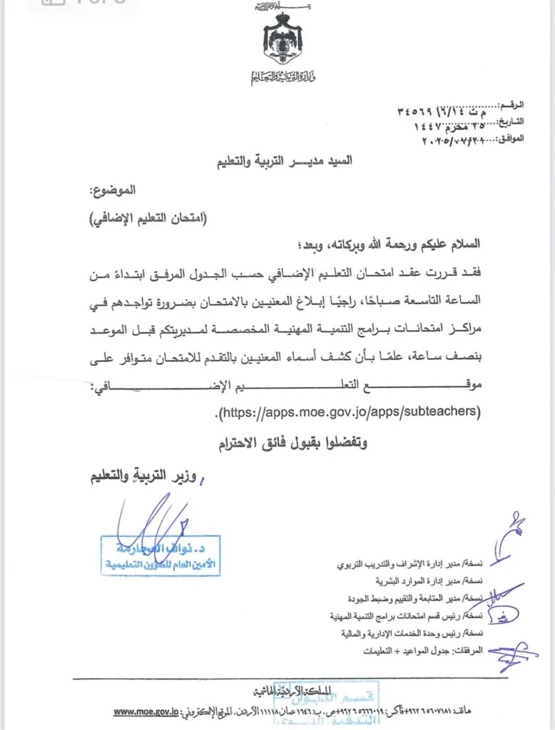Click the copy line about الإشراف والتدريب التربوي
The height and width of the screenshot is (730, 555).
pyautogui.click(x=409, y=564)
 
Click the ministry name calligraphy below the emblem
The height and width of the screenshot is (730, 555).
pyautogui.click(x=282, y=77)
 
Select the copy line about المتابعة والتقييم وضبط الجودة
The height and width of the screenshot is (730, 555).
pyautogui.click(x=404, y=598)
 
